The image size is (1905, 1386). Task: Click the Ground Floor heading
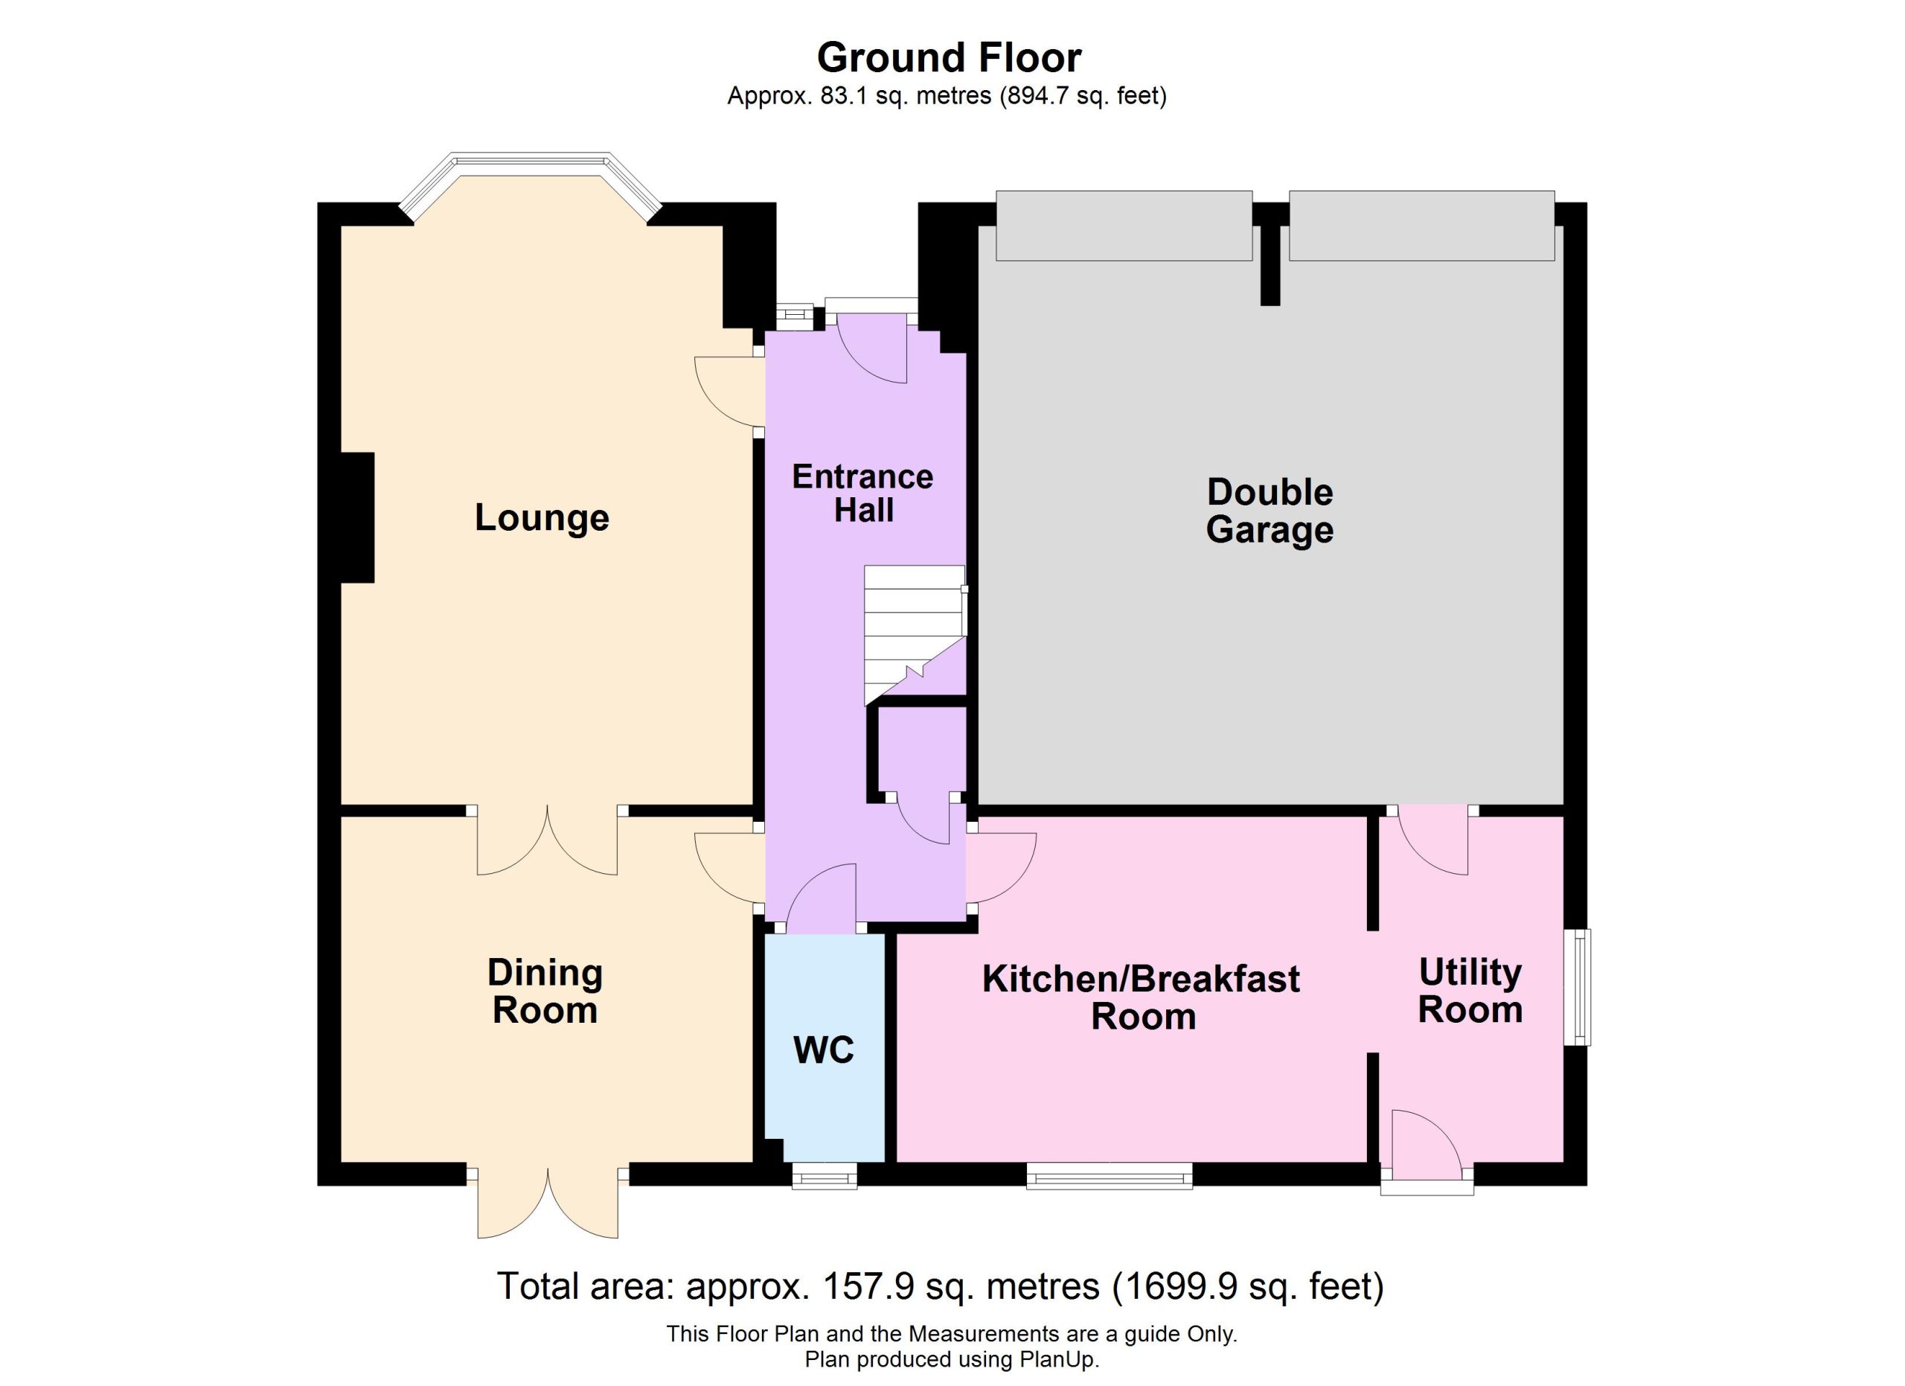[x=948, y=58]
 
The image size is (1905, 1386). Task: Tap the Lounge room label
[x=542, y=517]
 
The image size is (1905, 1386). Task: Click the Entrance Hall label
[x=862, y=493]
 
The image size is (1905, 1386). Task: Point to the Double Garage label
[x=1270, y=511]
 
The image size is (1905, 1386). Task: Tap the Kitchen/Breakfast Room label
[x=1142, y=998]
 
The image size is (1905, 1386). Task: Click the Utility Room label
[x=1470, y=991]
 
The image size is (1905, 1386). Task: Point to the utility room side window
[x=1577, y=987]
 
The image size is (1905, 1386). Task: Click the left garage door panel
[x=1124, y=225]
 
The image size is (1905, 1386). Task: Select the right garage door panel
[x=1421, y=225]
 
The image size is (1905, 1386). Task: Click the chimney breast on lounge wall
[x=357, y=517]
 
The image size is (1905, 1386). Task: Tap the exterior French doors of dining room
[x=548, y=1203]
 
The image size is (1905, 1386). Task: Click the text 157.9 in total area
[x=868, y=1286]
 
